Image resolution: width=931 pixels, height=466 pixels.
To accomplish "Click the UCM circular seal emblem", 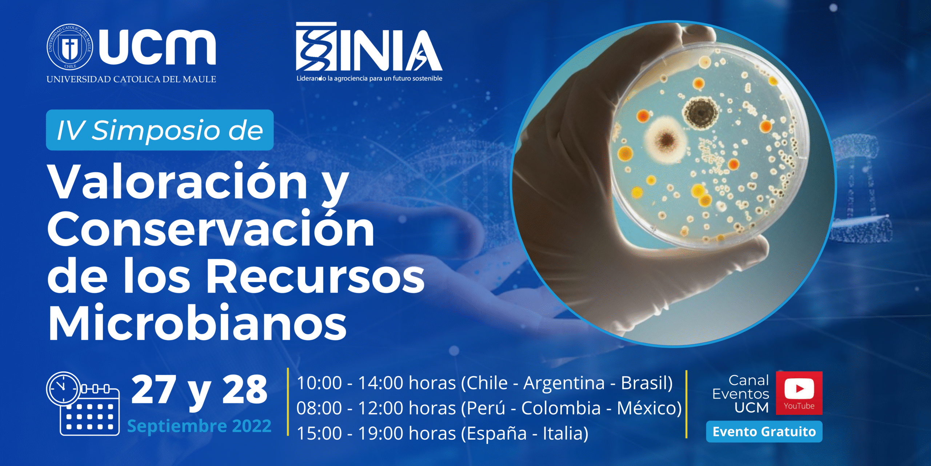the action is click(x=69, y=47).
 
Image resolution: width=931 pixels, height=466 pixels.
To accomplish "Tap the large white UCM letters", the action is click(x=157, y=47).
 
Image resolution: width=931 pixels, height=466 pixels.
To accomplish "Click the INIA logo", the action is click(x=369, y=47).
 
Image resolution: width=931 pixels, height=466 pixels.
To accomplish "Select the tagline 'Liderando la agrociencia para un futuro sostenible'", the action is click(x=369, y=78).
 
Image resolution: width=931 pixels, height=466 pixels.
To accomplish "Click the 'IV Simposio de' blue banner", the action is click(x=160, y=130).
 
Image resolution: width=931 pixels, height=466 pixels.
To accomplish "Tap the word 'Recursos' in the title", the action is click(x=316, y=276).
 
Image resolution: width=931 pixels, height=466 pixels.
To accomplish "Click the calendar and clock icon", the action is click(x=83, y=403).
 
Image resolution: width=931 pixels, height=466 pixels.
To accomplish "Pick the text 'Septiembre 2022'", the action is click(x=199, y=426).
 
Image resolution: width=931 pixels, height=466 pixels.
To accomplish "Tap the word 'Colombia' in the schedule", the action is click(x=561, y=408).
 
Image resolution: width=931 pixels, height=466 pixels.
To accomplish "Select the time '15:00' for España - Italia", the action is click(x=319, y=433).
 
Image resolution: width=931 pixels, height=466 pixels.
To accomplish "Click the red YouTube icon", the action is click(x=799, y=393).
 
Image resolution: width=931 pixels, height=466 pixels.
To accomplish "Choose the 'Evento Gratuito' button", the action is click(x=764, y=431).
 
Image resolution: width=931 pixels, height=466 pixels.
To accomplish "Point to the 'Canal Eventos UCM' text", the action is click(x=741, y=394).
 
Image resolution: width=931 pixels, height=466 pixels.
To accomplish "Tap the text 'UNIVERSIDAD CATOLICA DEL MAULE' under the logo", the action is click(x=131, y=79).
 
